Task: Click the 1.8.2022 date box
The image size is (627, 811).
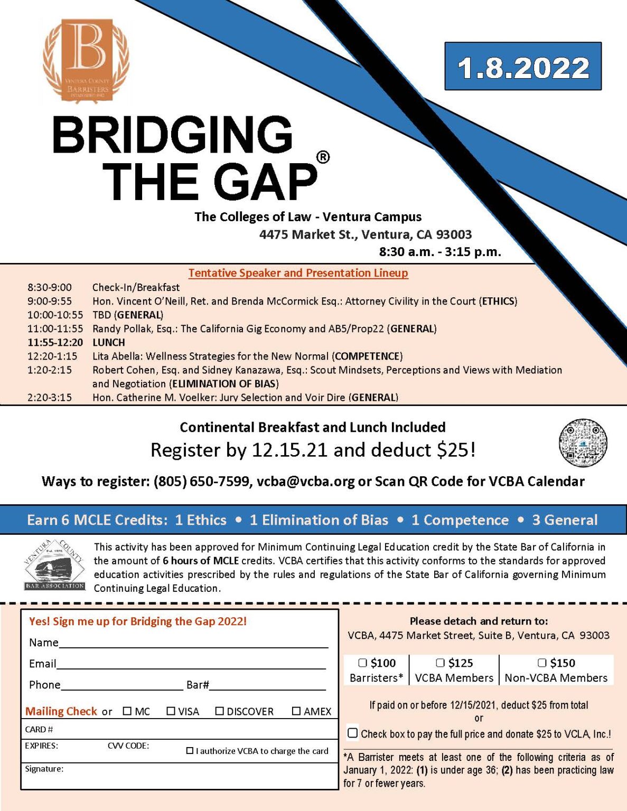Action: click(522, 67)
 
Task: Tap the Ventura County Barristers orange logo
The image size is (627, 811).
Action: click(86, 59)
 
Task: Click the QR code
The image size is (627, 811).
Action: click(583, 442)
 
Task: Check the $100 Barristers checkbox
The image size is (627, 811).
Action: click(362, 663)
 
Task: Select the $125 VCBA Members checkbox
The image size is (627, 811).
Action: click(440, 663)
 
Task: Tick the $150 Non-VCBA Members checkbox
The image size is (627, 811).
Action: click(542, 663)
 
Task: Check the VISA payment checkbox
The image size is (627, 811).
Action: click(171, 711)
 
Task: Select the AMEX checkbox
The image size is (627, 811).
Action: click(296, 711)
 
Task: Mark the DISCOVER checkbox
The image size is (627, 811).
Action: click(219, 711)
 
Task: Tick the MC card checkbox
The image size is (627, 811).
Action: click(127, 711)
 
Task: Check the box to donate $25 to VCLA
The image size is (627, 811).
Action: click(353, 733)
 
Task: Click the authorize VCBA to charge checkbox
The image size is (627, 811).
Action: click(190, 751)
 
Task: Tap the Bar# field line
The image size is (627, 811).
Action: click(267, 686)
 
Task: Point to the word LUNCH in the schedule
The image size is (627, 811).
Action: click(109, 342)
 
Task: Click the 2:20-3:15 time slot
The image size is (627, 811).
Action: click(50, 397)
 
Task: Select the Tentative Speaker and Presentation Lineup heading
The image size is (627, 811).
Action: click(298, 273)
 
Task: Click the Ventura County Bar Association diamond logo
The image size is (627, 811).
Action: click(55, 565)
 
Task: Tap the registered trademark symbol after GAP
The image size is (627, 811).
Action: click(323, 157)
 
